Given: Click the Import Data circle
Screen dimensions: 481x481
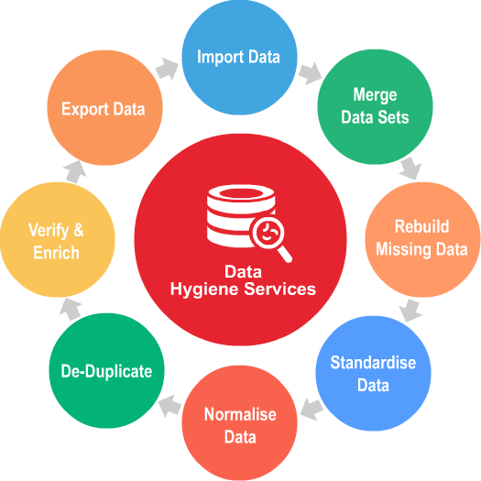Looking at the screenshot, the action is point(239,57).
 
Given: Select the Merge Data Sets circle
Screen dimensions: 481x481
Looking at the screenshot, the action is point(375,106).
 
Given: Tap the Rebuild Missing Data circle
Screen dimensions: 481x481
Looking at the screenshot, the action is point(422,239).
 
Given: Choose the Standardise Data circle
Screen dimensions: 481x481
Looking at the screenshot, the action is point(373,373).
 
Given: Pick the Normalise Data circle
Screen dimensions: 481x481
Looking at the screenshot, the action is point(239,423).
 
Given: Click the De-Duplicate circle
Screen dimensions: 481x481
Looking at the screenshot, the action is point(107,370).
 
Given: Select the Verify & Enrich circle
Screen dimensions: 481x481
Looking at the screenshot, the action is point(58,239).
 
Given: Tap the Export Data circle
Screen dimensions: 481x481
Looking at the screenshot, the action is point(105,108).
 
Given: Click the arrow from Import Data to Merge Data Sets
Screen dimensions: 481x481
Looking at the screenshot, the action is point(311,73).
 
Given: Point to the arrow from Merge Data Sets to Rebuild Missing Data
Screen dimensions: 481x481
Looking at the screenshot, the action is point(410,169).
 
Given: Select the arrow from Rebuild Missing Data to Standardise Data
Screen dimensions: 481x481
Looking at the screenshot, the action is point(410,311).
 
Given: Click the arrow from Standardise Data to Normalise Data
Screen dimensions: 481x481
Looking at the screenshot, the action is point(312,410).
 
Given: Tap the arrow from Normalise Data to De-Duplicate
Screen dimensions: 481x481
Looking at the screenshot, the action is point(169,406).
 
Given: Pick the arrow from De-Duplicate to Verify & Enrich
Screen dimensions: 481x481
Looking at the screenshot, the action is point(71,310).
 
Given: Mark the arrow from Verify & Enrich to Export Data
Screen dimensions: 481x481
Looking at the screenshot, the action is point(74,172).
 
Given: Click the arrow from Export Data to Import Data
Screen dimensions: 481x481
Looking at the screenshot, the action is point(167,69).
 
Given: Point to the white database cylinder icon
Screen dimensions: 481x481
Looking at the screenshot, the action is point(240,216).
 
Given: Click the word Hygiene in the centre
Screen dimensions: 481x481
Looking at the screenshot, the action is point(205,290).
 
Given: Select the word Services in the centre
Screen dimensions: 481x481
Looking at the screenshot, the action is point(279,289).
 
